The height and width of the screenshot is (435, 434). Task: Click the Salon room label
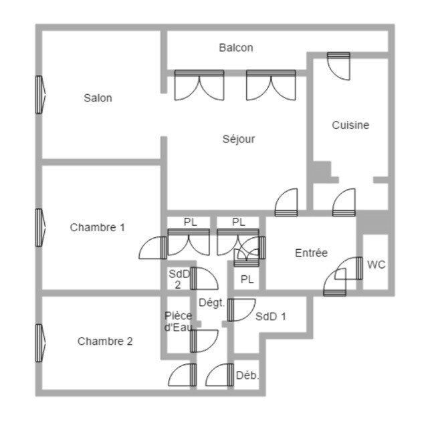(98, 98)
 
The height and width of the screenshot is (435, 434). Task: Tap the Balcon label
(236, 48)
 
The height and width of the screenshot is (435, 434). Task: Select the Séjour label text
(239, 139)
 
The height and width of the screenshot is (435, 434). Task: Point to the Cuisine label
(350, 125)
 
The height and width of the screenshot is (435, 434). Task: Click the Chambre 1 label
(98, 227)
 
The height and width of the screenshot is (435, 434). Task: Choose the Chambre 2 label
(105, 341)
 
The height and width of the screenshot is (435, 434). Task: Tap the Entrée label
(311, 253)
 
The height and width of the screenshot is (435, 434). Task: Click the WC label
(376, 265)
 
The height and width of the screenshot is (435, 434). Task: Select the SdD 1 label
(271, 316)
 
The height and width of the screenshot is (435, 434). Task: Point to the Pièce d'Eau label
(179, 321)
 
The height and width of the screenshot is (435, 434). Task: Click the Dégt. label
(211, 303)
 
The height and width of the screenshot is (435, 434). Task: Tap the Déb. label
(247, 375)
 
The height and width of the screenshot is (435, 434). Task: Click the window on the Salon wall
(39, 94)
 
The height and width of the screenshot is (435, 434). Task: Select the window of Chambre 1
(39, 227)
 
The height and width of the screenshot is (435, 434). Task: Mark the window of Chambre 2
(39, 341)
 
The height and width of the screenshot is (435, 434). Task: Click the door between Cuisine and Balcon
(338, 63)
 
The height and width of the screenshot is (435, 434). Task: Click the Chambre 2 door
(182, 376)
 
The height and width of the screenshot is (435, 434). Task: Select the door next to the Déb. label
(220, 376)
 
